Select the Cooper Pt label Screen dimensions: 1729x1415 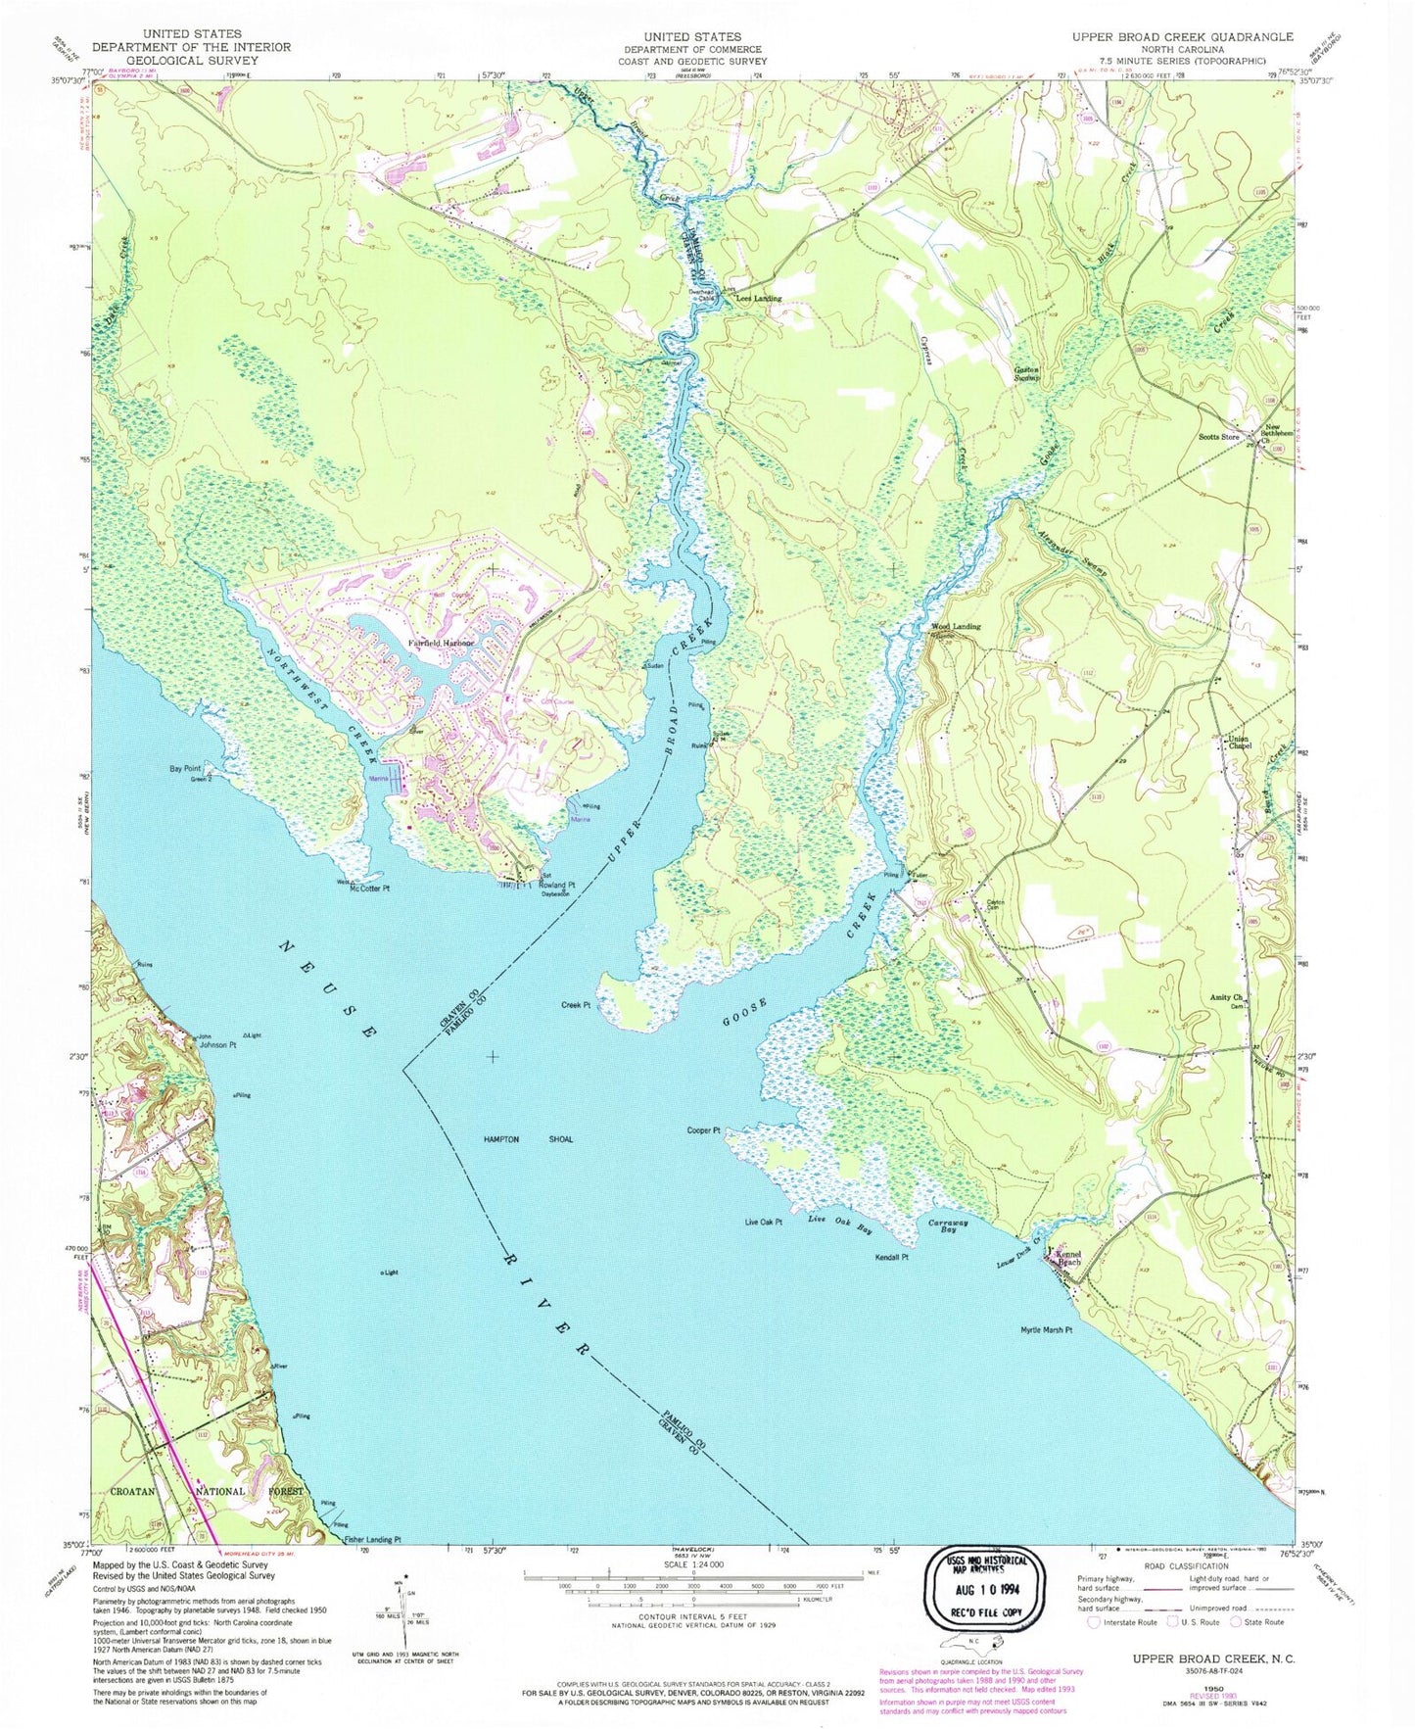pos(704,1130)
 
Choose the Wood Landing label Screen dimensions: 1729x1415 pos(955,626)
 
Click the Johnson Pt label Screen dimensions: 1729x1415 pos(217,1045)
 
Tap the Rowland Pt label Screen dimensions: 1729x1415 pos(556,886)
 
